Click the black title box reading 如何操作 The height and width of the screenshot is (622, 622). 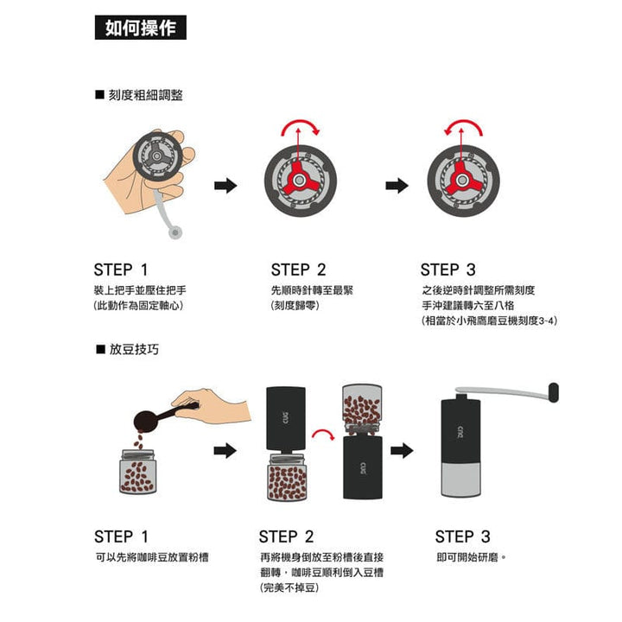[x=139, y=28]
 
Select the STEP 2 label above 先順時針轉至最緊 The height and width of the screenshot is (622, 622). [x=298, y=270]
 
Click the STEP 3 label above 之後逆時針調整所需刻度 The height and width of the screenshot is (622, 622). [x=447, y=270]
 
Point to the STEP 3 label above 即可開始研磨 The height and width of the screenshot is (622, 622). [x=462, y=536]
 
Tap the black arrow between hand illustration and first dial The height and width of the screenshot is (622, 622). [x=225, y=185]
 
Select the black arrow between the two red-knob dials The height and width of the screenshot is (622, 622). [x=397, y=185]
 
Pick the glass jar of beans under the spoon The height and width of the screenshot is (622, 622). [x=138, y=472]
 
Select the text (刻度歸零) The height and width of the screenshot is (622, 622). [x=295, y=305]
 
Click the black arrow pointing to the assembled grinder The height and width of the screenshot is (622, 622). [x=402, y=450]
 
